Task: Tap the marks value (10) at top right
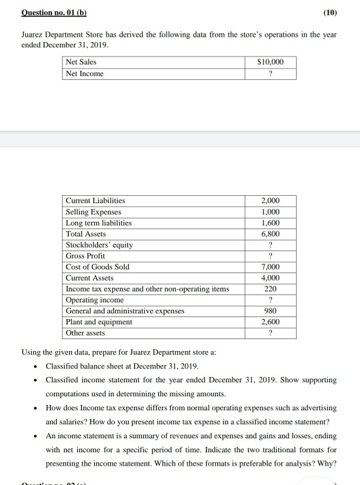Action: click(x=329, y=13)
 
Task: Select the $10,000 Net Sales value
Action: click(x=270, y=62)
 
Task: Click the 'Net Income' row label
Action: click(x=85, y=73)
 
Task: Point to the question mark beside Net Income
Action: click(x=270, y=73)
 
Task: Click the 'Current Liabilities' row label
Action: click(x=95, y=201)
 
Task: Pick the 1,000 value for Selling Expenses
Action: click(x=270, y=211)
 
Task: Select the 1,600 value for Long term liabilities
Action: click(x=270, y=223)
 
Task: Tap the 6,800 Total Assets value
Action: click(x=270, y=234)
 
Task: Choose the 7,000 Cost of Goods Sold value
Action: click(x=270, y=266)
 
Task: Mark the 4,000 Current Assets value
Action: click(x=270, y=277)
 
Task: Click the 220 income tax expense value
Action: click(x=270, y=288)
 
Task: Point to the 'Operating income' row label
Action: click(x=91, y=300)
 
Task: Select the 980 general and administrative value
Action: click(x=270, y=310)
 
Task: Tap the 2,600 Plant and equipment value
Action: click(x=270, y=321)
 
